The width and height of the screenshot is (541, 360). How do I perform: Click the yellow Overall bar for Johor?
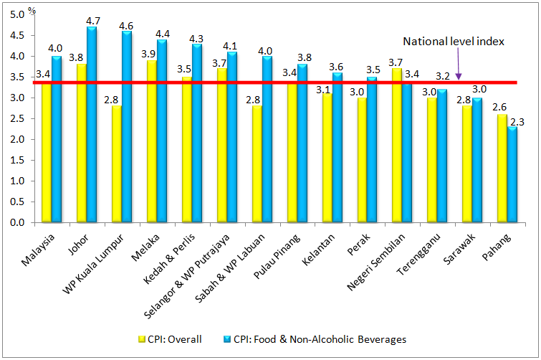coord(82,143)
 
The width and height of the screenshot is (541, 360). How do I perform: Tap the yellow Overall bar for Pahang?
coord(502,169)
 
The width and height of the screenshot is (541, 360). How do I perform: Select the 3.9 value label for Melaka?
coord(151,53)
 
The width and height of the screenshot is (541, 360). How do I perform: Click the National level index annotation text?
coord(454,42)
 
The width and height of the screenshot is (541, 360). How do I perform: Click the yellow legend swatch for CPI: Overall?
coord(142,338)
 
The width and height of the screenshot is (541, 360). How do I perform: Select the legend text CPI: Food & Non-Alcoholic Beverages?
coord(319,338)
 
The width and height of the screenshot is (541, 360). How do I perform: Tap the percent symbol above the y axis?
coord(32,12)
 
